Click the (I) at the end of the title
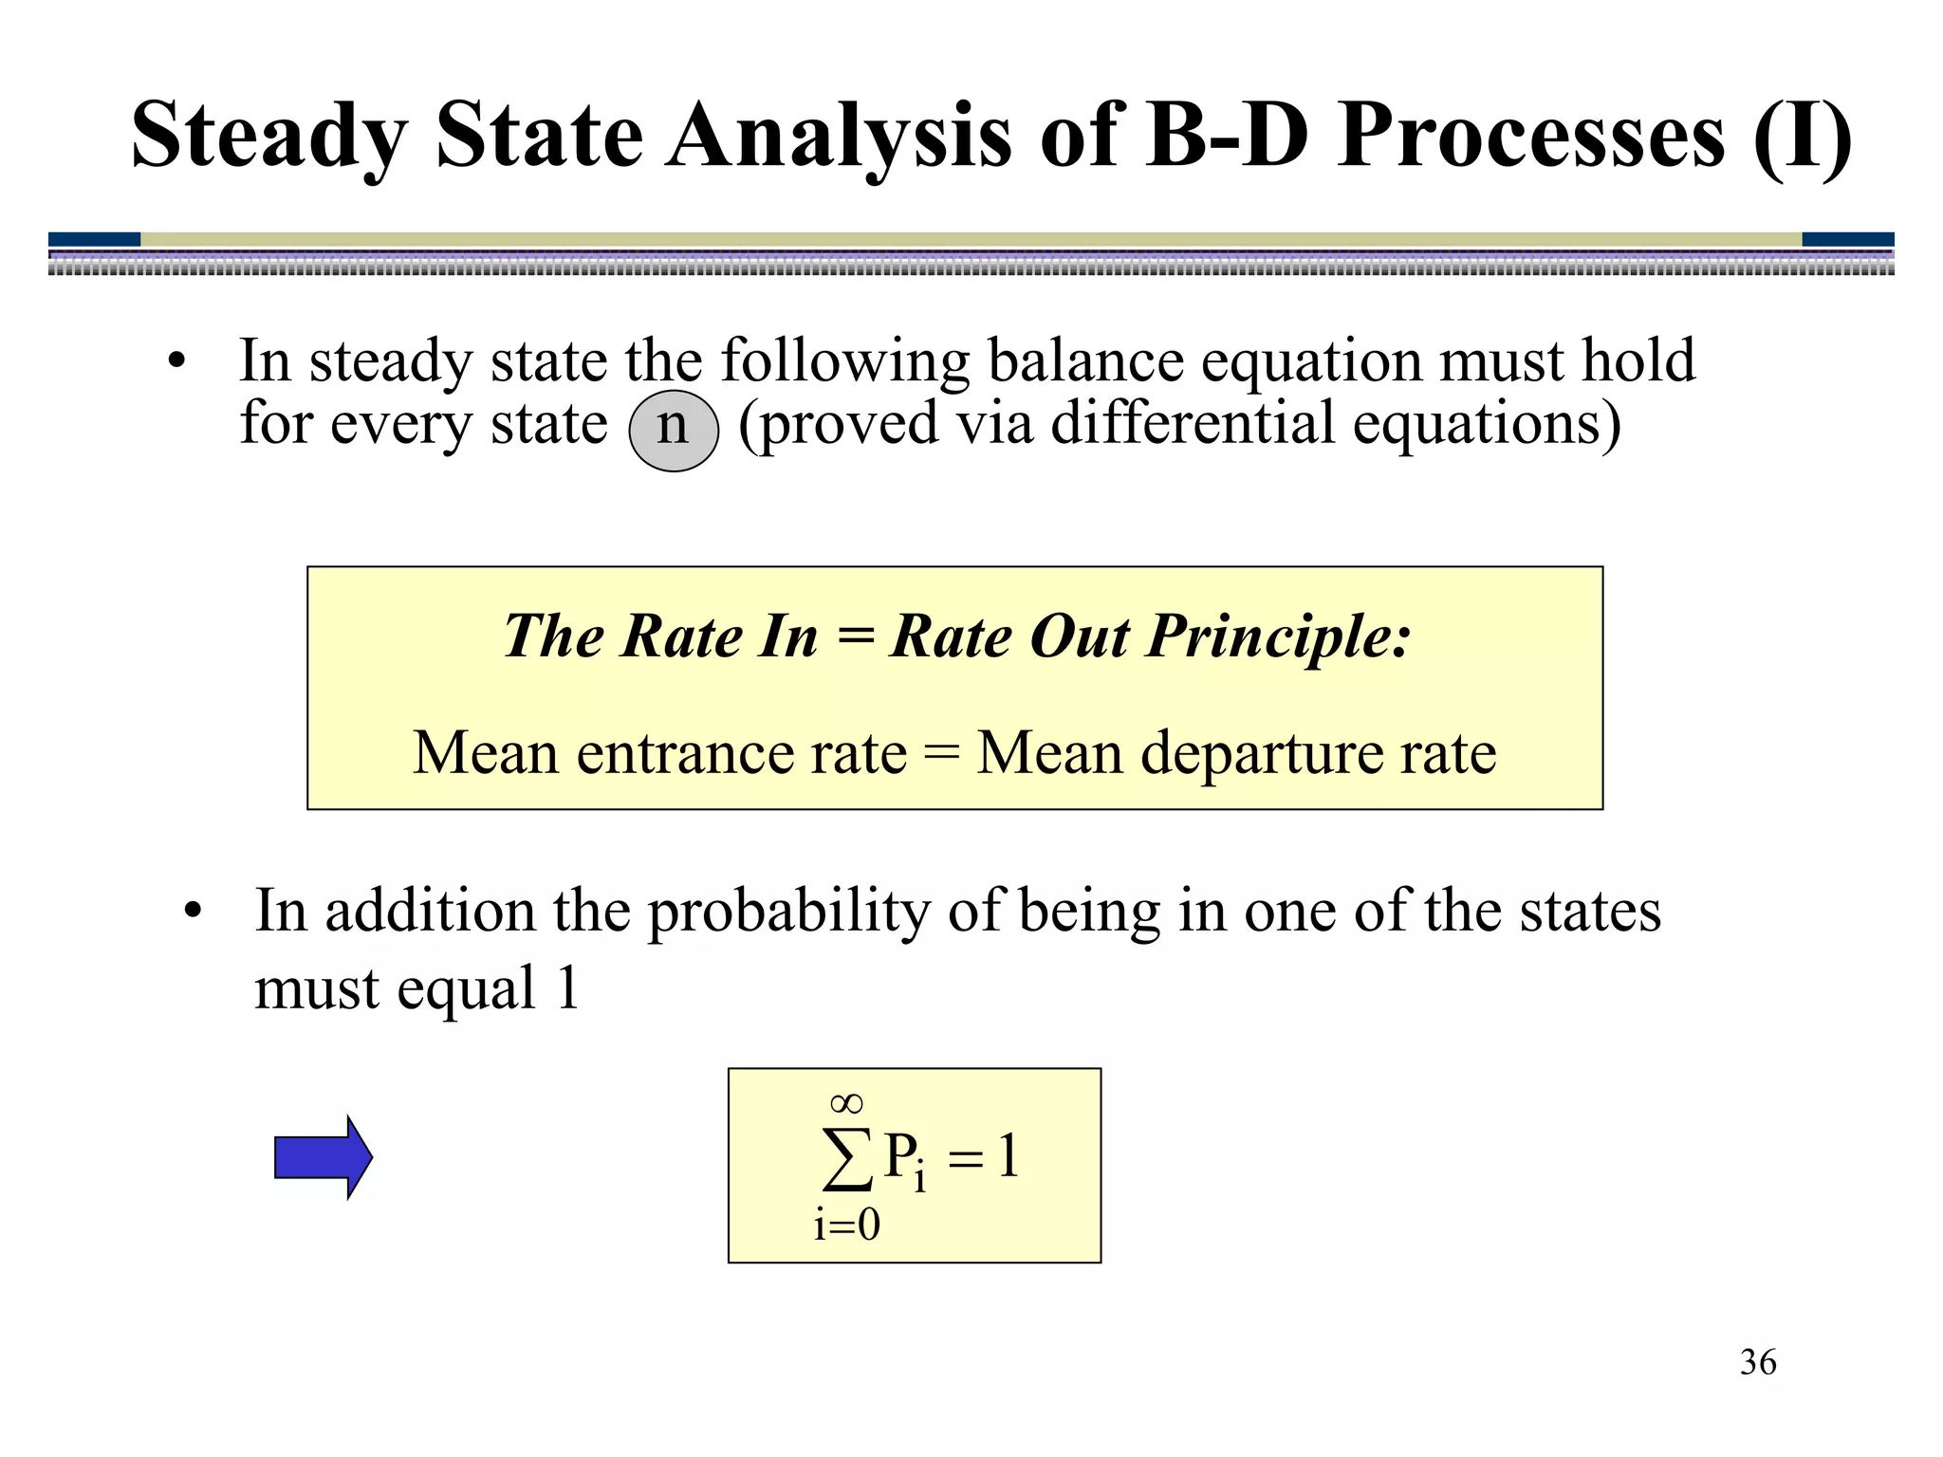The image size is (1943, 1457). click(1802, 137)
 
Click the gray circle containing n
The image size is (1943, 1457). click(674, 430)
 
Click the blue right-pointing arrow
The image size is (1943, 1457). click(324, 1156)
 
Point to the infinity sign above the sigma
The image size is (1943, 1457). click(846, 1103)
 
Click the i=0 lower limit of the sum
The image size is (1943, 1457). click(846, 1226)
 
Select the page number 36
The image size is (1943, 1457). click(1757, 1362)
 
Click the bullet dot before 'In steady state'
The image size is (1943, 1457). click(176, 363)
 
